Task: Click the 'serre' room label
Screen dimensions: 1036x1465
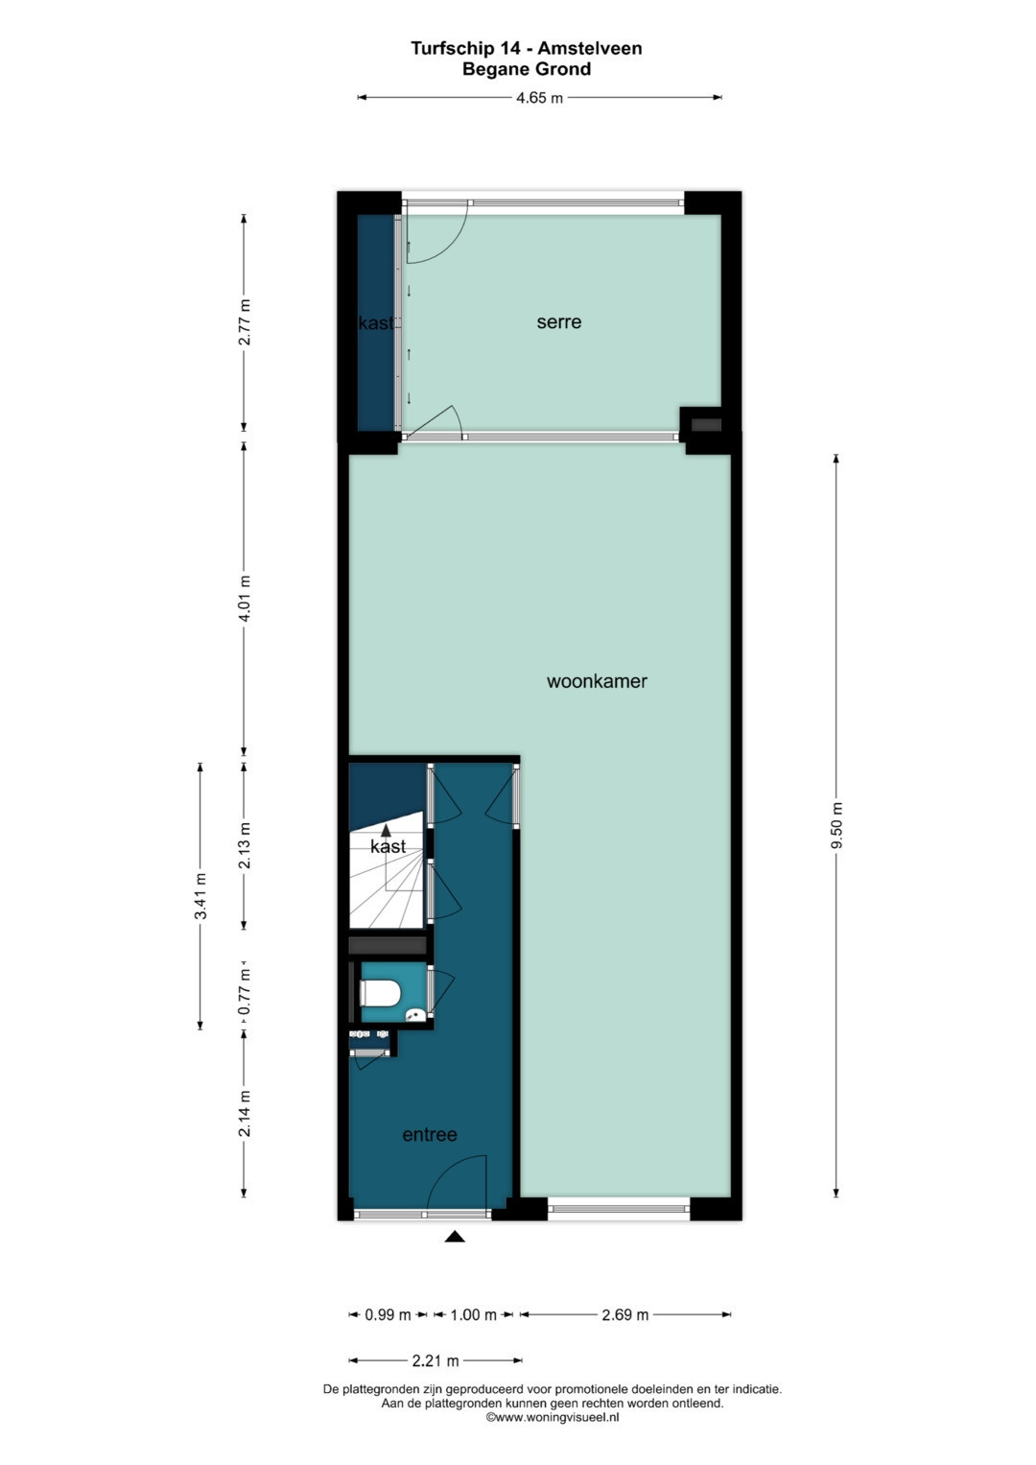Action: coord(558,321)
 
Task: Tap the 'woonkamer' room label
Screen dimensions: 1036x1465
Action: coord(597,681)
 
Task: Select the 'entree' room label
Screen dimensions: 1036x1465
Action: coord(429,1135)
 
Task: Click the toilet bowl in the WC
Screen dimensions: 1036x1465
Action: coord(381,994)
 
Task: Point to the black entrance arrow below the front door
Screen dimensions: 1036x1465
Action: coord(455,1236)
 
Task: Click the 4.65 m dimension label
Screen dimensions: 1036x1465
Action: coord(539,98)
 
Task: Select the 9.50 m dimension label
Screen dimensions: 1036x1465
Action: coord(836,825)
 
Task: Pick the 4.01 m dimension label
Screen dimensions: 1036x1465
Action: coord(244,599)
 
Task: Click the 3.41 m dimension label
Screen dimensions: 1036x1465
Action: coord(200,896)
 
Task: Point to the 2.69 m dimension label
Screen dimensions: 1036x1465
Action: coord(624,1314)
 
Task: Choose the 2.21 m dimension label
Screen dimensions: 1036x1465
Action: coord(435,1361)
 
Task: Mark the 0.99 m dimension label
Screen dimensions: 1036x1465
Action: coord(388,1314)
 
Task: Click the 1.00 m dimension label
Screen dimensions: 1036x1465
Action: coord(474,1314)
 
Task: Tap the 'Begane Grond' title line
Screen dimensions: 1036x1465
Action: coord(527,69)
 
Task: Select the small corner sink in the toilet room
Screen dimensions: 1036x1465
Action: coord(415,1015)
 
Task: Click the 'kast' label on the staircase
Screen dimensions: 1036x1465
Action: coord(388,846)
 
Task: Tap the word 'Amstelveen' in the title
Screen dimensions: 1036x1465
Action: coord(589,48)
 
